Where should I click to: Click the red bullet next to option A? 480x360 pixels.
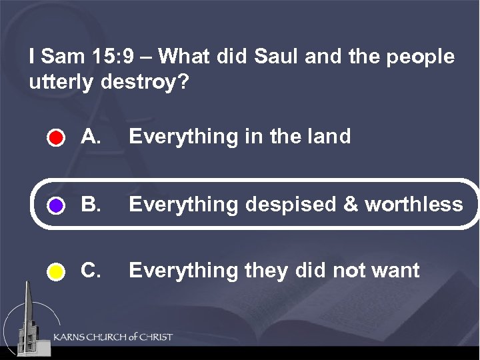[x=56, y=139]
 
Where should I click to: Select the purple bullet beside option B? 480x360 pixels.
[x=56, y=205]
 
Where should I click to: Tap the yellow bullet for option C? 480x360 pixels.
[x=56, y=272]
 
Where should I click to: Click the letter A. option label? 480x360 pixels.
[x=91, y=137]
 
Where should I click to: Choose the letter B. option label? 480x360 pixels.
[x=91, y=204]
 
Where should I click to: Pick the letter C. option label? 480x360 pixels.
[x=91, y=271]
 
